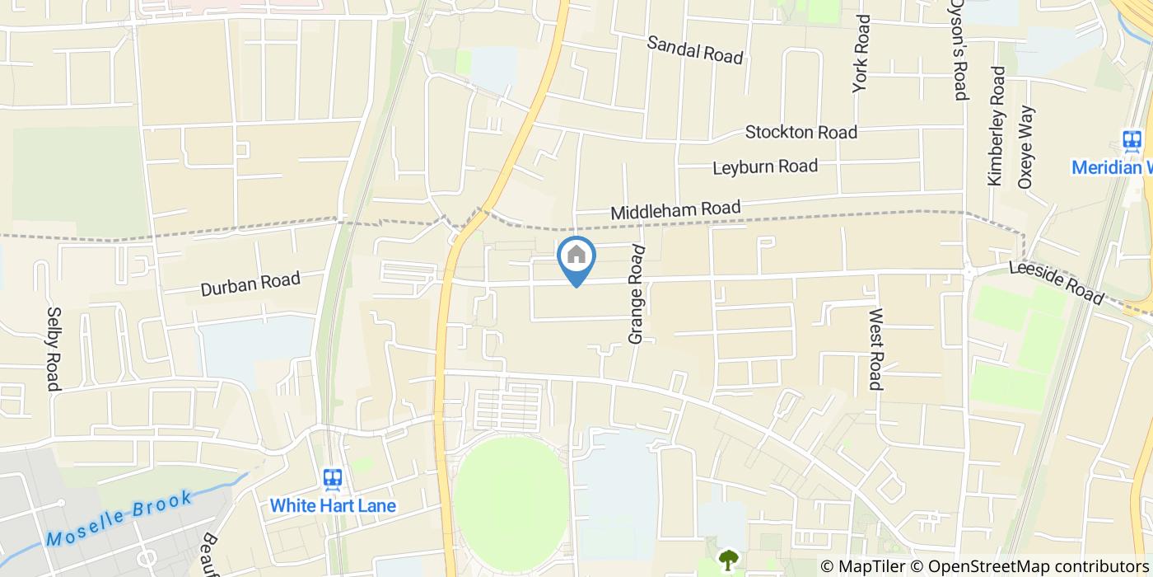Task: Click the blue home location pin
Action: pos(576,257)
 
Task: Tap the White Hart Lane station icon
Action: pos(333,479)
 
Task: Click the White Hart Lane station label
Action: pos(333,505)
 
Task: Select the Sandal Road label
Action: pos(695,49)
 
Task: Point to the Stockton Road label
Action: pos(801,132)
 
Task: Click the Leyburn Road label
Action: pos(765,167)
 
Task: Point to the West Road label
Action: pos(875,349)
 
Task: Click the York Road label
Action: pos(861,53)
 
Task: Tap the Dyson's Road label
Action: pos(959,49)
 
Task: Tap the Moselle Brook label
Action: pos(120,518)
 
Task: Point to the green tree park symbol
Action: pos(728,561)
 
